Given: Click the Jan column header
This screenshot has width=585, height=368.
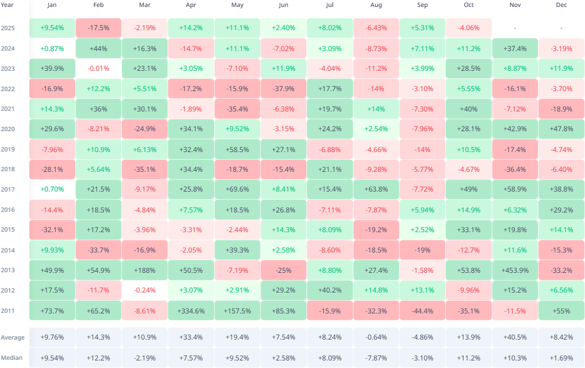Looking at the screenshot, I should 52,5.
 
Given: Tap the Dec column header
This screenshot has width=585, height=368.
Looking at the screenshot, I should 561,5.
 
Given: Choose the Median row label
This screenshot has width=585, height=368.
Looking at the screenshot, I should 12,358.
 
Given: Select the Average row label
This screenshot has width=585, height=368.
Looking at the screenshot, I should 12,337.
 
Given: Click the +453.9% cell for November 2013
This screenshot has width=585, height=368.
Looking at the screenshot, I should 515,270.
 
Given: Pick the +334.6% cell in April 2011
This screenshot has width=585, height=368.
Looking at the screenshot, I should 191,311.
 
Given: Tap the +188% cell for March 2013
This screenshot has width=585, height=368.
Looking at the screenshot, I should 145,270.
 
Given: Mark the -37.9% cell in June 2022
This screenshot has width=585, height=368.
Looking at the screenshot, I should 283,89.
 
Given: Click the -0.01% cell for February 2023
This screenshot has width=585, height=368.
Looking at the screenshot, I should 98,68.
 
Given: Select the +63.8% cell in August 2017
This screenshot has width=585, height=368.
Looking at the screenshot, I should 376,189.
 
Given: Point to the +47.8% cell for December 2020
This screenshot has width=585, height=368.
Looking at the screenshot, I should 561,129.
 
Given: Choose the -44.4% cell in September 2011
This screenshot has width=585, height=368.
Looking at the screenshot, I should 423,311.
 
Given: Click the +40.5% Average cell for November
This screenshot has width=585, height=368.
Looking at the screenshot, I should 515,337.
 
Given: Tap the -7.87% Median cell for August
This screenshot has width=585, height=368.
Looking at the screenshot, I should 376,358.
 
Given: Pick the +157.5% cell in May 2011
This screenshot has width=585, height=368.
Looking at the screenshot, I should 237,311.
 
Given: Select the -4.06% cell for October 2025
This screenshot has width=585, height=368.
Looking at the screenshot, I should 468,28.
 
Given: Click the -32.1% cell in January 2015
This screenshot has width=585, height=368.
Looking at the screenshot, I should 52,230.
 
